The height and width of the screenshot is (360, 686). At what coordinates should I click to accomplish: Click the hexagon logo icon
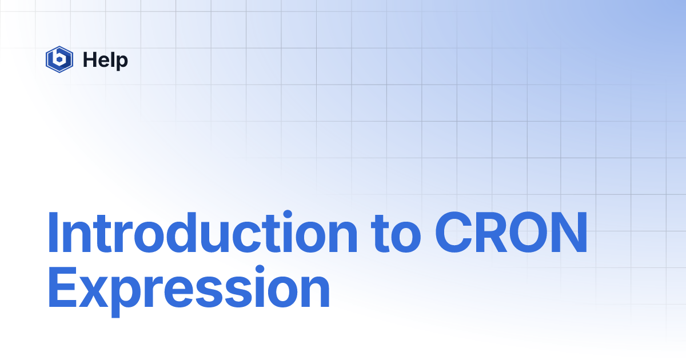[59, 59]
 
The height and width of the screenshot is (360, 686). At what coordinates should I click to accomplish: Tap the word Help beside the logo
[105, 59]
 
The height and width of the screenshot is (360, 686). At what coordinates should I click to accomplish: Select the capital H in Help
[89, 59]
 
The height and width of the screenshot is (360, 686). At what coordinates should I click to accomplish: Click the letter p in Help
[122, 62]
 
